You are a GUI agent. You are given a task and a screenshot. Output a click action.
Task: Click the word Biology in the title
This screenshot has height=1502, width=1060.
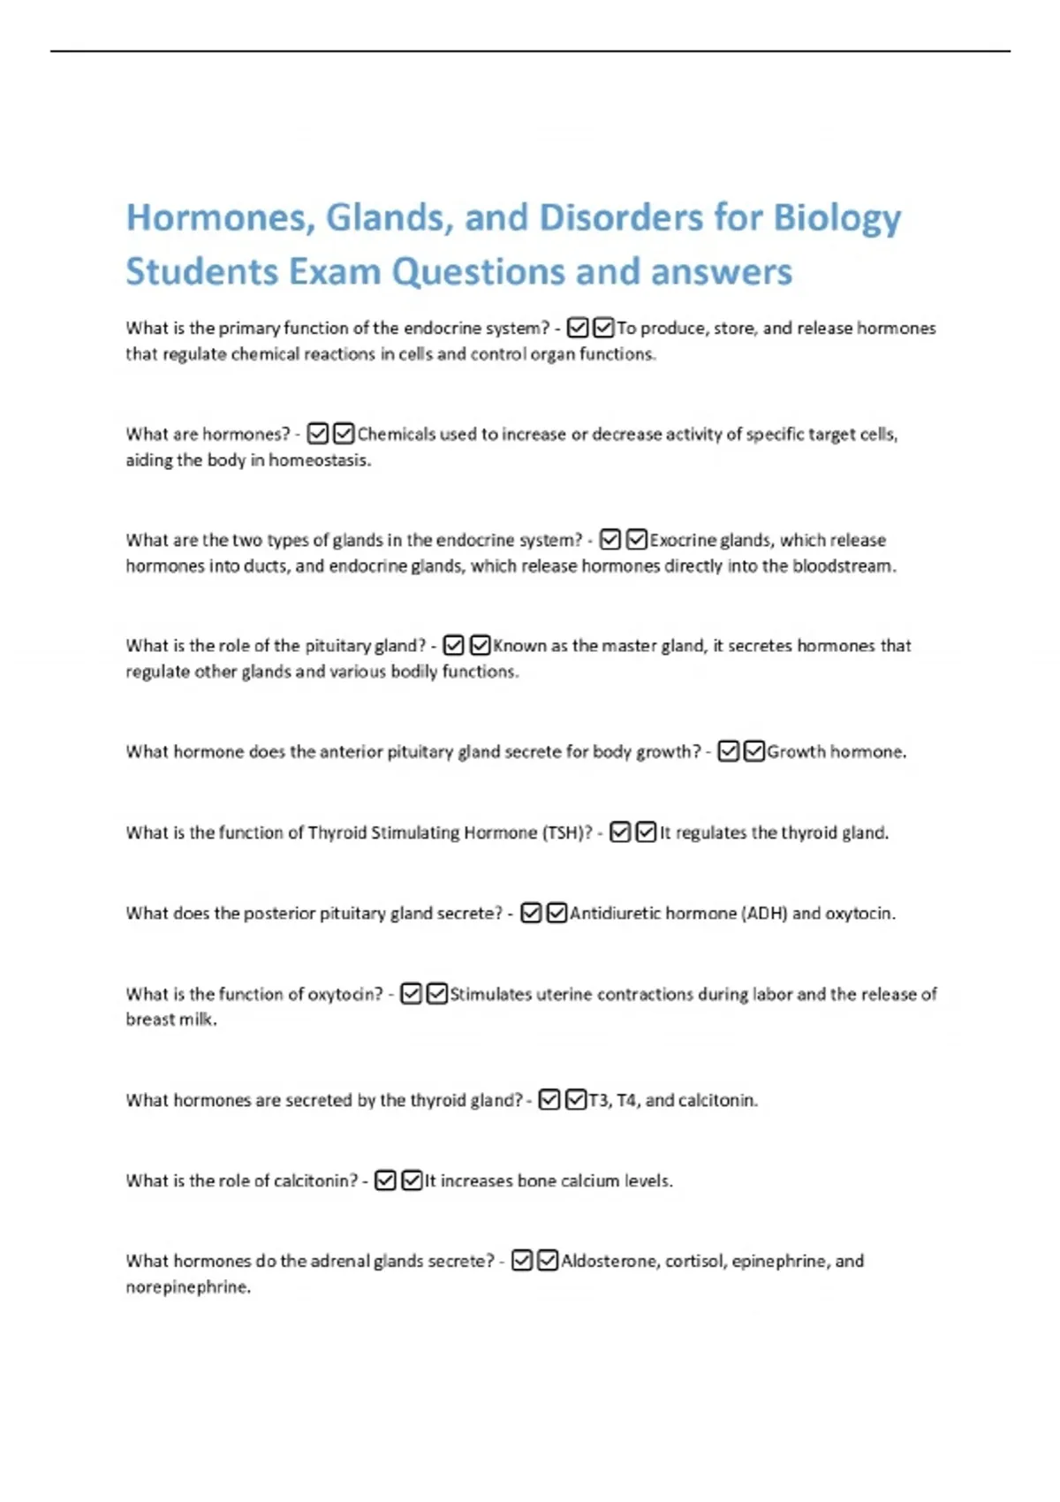837,218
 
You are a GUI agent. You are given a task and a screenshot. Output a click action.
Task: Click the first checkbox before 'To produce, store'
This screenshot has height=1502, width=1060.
578,329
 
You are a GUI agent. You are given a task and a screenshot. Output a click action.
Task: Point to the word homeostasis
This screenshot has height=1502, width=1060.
319,460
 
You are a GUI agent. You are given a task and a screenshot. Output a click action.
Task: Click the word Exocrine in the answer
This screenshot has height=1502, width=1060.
681,540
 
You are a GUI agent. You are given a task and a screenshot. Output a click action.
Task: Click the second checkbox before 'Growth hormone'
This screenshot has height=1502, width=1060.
754,752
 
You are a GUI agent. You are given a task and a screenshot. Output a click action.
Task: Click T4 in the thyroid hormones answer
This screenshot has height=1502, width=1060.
627,1101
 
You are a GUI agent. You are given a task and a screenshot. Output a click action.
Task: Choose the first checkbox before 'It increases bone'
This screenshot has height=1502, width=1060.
385,1181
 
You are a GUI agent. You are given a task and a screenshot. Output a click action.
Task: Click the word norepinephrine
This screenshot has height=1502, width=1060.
187,1287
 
